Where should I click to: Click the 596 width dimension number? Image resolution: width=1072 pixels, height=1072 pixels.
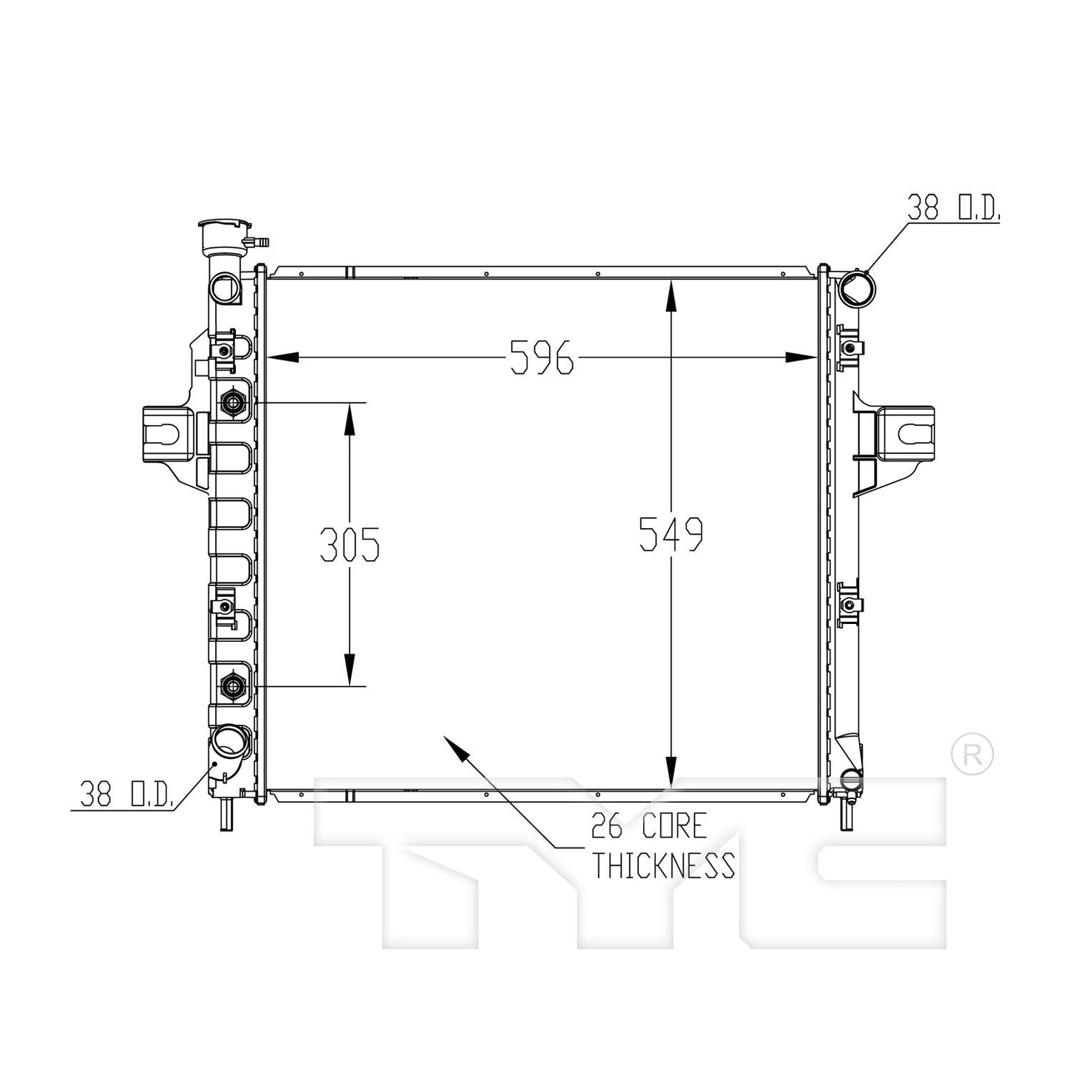(x=542, y=358)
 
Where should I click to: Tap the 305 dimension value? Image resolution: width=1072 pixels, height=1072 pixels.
(x=349, y=545)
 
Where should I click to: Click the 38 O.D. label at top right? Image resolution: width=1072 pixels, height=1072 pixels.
(x=953, y=209)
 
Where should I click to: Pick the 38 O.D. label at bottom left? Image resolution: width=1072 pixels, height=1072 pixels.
(x=127, y=795)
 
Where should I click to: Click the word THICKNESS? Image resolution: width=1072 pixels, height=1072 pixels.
(x=663, y=865)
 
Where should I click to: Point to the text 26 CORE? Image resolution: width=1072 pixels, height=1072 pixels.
(x=648, y=825)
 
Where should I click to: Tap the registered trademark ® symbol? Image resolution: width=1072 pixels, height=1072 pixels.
(x=972, y=754)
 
